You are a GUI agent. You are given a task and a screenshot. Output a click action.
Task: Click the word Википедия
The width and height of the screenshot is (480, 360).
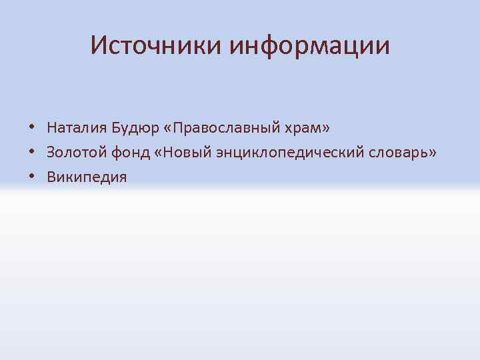tap(87, 177)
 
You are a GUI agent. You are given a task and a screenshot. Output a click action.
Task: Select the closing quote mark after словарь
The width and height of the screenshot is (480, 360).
tap(433, 153)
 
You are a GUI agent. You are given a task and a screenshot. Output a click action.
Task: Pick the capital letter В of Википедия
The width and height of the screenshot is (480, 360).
tap(51, 177)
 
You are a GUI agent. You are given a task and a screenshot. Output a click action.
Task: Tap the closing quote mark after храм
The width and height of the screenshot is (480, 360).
tap(327, 127)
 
